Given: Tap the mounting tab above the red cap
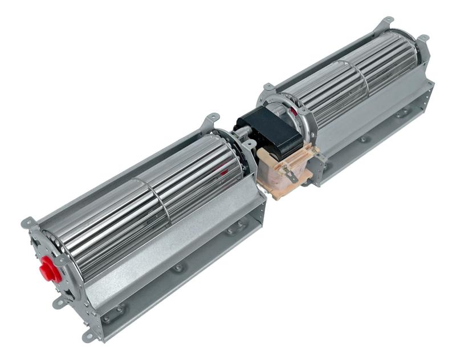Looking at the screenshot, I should [x=27, y=222].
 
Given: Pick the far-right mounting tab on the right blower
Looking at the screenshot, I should [x=423, y=39].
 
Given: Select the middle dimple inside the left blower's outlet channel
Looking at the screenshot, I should [x=178, y=267].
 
